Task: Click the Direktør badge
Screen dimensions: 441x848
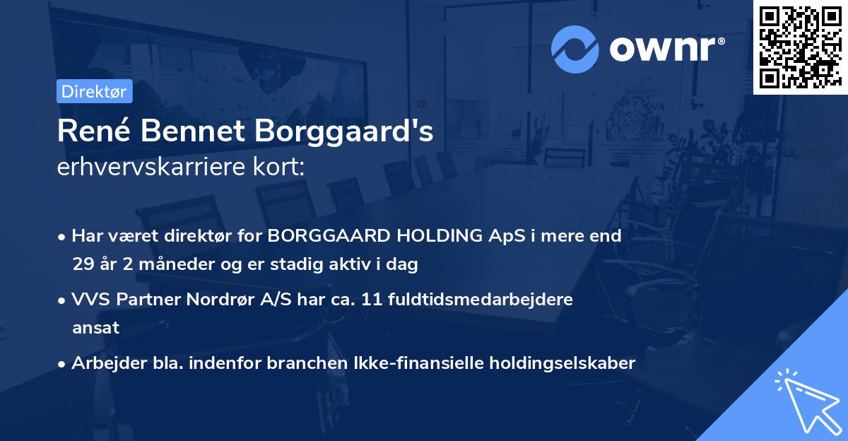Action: tap(93, 91)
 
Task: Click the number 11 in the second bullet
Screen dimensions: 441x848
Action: tap(372, 299)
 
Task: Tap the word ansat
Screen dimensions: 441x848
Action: tap(95, 328)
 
